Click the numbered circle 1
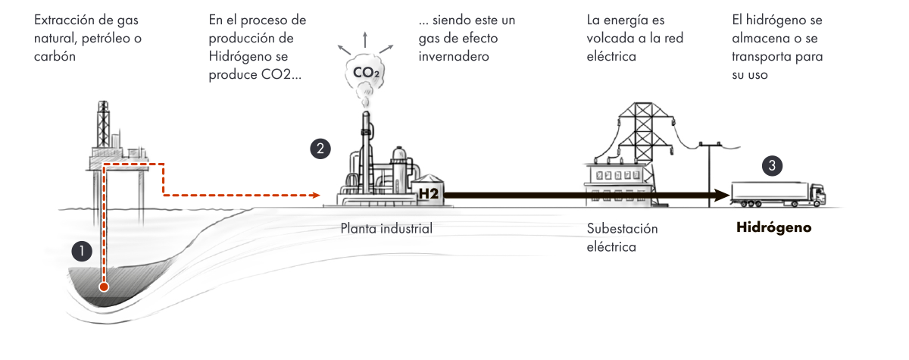82,251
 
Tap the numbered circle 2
320,149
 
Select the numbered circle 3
772,165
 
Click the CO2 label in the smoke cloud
367,73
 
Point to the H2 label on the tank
429,193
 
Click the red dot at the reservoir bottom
104,287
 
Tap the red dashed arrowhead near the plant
317,196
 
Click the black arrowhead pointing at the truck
722,196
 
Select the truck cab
817,195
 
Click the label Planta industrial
386,228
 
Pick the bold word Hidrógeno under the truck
774,227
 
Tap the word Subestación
622,228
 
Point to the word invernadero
454,56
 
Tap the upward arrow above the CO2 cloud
365,39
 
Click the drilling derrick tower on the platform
104,124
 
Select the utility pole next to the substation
709,174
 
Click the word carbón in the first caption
55,56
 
